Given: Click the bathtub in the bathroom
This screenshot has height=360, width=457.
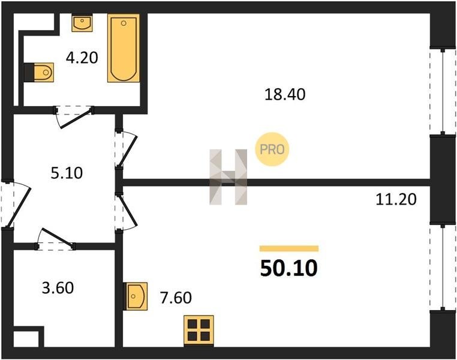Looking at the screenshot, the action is [124, 48].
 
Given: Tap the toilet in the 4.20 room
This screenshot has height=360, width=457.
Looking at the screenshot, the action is [39, 72].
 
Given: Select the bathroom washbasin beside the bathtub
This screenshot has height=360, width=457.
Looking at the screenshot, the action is [82, 23].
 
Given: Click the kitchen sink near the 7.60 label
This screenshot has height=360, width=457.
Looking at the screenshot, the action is [135, 296].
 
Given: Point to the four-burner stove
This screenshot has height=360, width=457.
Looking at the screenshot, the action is [199, 331].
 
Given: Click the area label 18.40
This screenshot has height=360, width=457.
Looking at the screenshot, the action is [285, 95].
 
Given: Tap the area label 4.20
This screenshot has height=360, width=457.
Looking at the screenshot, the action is [82, 58].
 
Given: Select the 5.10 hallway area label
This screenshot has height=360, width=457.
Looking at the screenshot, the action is [67, 173].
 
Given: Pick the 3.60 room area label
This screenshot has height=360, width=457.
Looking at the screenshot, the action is [58, 288].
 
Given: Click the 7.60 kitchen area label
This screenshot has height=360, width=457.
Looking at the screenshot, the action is [176, 298].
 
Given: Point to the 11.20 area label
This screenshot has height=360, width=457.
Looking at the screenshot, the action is [396, 200].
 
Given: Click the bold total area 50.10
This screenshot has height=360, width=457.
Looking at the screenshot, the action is [288, 268].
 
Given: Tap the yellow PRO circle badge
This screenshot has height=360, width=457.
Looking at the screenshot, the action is [272, 149].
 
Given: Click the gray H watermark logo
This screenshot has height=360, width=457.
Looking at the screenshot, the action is [228, 177].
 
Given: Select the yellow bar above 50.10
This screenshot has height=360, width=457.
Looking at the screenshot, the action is [289, 248].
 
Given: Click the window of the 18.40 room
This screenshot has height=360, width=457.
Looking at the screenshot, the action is [443, 92].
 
